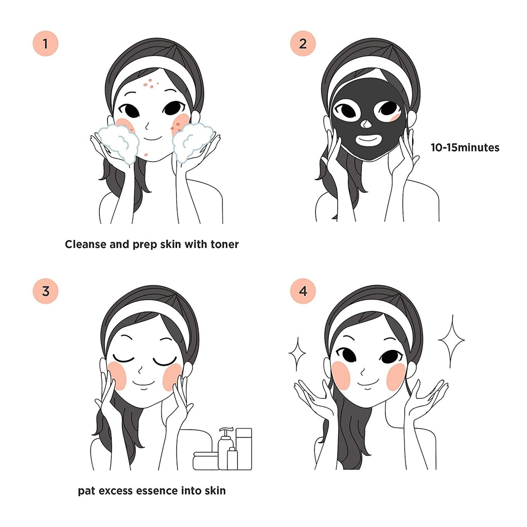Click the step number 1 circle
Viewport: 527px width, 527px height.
coord(45,44)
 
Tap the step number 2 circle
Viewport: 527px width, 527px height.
coord(303,44)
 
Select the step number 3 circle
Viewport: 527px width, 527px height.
coord(45,291)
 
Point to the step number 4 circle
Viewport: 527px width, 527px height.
coord(303,291)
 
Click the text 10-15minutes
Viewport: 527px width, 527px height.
coord(465,148)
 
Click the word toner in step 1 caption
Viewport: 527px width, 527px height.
coord(224,244)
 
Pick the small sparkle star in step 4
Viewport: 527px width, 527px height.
coord(297,354)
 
